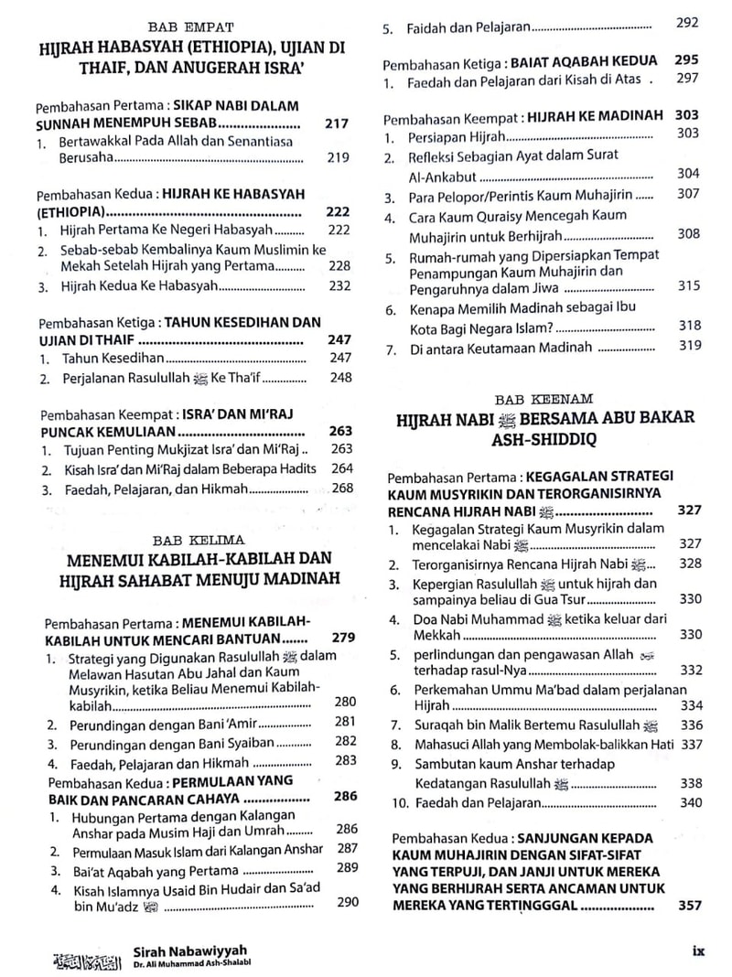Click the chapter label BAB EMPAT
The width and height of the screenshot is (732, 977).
pos(182,28)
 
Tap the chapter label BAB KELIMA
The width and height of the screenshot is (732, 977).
pos(186,540)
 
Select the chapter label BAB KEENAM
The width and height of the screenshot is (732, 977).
pos(544,399)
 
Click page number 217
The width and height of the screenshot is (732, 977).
pos(337,123)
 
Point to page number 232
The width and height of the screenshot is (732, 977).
pos(339,285)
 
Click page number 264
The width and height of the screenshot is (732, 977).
pos(341,469)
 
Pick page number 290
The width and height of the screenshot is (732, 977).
pos(347,901)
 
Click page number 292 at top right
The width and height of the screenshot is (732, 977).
pos(687,23)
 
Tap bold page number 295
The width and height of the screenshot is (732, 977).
pos(686,60)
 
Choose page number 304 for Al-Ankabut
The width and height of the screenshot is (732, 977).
pos(688,174)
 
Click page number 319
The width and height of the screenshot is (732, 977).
pos(690,346)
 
